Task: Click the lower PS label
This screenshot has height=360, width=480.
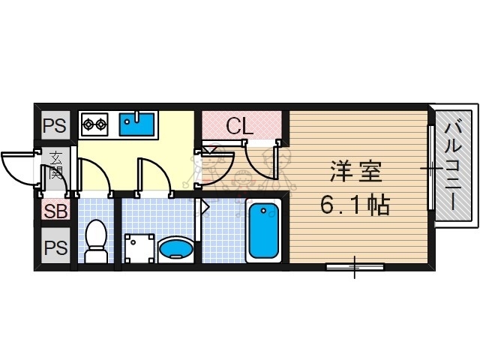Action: pos(54,247)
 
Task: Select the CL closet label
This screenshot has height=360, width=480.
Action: pos(240,126)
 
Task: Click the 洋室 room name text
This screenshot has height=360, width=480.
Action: pos(356,172)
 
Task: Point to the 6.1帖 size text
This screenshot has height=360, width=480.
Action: pos(355,205)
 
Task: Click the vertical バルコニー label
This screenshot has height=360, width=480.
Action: pos(452,166)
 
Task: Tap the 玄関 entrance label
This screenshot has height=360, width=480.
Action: pos(57,166)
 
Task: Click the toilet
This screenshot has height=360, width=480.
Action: pos(96,241)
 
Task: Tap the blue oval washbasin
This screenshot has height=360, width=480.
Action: pos(177,247)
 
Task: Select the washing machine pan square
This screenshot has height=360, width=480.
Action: pos(140,247)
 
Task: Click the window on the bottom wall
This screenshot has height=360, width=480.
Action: pos(354,266)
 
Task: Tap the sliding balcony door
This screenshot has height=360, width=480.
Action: pos(431,169)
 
